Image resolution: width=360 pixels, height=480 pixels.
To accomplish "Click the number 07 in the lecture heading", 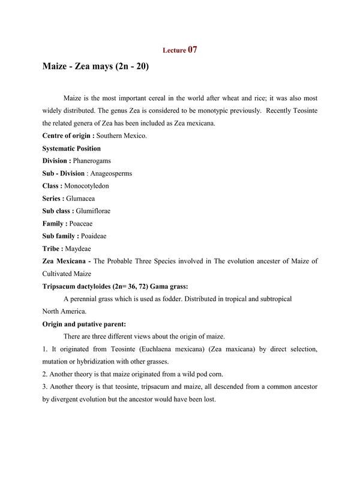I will tap(193, 50).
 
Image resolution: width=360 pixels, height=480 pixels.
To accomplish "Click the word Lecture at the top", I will tap(175, 52).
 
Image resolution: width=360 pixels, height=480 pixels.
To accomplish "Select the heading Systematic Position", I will tap(71, 148).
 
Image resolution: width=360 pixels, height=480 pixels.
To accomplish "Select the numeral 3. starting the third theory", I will tap(45, 387).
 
